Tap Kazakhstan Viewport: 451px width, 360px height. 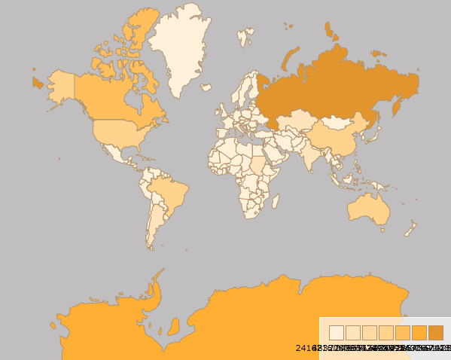click(297, 121)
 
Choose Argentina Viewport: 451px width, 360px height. click(154, 226)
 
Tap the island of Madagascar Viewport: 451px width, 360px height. click(273, 202)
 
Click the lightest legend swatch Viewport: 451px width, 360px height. click(337, 333)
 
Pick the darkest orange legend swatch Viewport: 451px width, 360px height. click(436, 333)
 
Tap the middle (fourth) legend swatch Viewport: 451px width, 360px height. click(386, 333)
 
